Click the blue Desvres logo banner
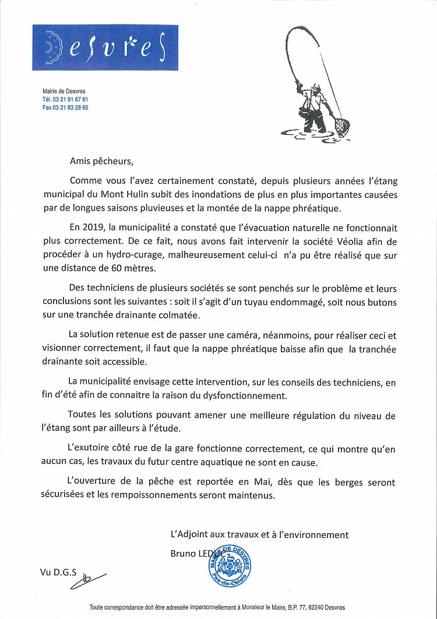(105, 47)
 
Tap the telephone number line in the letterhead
(65, 100)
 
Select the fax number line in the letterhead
(65, 108)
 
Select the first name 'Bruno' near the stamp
(183, 552)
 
